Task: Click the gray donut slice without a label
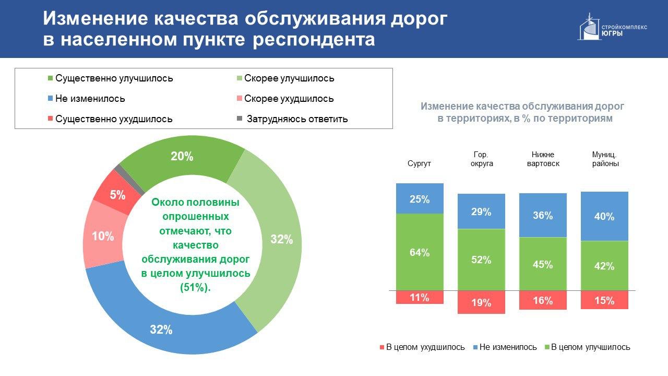pos(129,179)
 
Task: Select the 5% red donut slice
pos(117,192)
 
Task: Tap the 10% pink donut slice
pos(103,235)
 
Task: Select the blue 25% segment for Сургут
pos(420,198)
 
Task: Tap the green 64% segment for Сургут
pos(420,252)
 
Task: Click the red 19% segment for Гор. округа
pos(481,302)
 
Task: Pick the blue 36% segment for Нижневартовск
pos(543,215)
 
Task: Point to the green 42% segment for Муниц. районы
pos(604,266)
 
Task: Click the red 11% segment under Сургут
pos(420,297)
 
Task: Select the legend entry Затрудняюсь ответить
pos(293,119)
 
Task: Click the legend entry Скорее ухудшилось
pos(285,99)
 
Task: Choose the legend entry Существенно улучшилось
pos(111,78)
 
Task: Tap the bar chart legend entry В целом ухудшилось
pos(422,347)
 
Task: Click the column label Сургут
pos(419,163)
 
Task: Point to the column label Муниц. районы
pos(605,159)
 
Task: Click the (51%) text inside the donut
pos(195,287)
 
